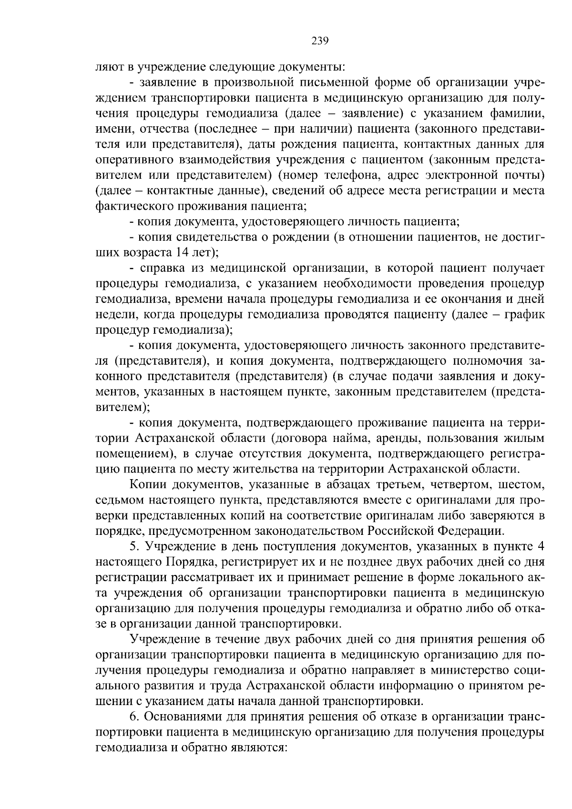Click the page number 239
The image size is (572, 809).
320,41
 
